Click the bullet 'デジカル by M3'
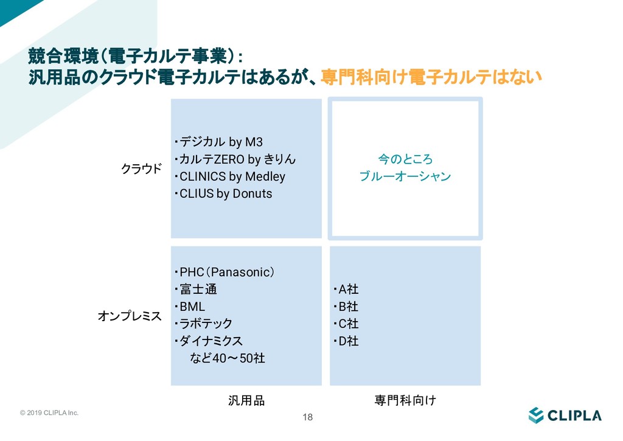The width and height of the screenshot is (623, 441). [219, 143]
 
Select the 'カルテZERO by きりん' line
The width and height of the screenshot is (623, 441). [235, 160]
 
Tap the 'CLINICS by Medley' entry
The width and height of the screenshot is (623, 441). [230, 177]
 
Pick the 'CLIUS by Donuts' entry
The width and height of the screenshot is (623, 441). [223, 194]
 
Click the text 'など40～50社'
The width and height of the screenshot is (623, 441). [228, 358]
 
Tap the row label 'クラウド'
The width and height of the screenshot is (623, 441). [142, 168]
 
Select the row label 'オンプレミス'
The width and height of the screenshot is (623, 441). [130, 316]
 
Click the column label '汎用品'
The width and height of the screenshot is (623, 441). [246, 401]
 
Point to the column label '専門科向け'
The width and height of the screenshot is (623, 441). [405, 401]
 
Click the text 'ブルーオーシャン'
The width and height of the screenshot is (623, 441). [405, 177]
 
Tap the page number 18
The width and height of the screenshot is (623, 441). [307, 417]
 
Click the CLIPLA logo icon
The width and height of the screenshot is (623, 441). [535, 415]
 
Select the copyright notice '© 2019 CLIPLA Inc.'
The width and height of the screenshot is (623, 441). [49, 413]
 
